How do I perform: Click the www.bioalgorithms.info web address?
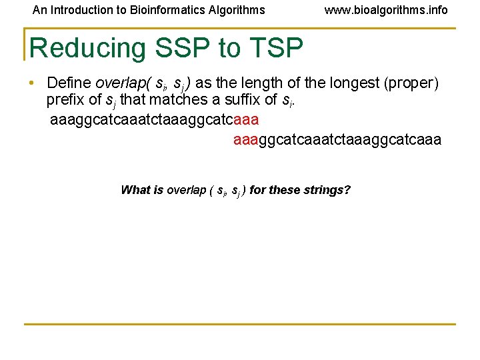coord(386,10)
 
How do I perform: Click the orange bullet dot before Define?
coord(31,83)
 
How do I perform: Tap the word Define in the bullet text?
coord(69,83)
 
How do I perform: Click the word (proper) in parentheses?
coord(415,83)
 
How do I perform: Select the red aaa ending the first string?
coord(247,121)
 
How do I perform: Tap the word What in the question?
coord(135,190)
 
